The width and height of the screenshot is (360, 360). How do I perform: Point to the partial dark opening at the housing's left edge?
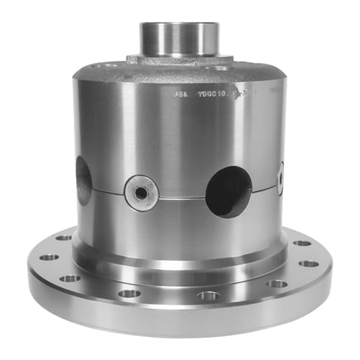[x=84, y=178]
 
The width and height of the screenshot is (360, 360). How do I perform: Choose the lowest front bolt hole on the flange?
[x=208, y=295]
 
